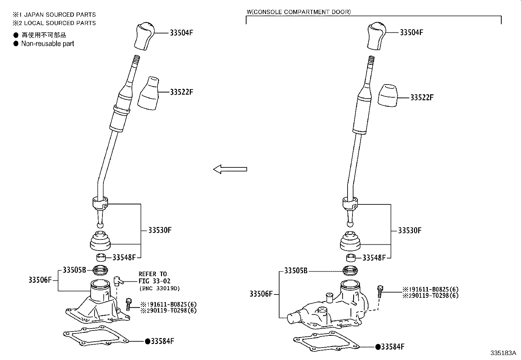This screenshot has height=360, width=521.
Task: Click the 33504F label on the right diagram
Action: point(411,32)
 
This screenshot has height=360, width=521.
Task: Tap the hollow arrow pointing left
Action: point(230,169)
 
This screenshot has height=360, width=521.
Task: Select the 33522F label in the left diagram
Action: point(181,92)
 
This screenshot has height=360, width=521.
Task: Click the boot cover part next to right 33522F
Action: point(387,95)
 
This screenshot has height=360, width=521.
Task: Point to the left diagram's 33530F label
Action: point(160,230)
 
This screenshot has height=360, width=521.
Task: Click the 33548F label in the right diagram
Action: point(374,258)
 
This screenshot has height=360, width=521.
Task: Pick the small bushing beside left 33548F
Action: point(101,257)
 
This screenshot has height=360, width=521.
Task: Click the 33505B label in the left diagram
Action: point(74,270)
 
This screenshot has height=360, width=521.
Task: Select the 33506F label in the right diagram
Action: point(261,294)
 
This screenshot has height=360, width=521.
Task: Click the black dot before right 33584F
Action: point(378,347)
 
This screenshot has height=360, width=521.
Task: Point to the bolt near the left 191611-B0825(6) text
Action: point(129,304)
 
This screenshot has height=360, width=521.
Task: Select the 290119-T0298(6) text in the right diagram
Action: point(430,295)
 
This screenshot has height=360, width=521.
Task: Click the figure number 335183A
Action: point(503,353)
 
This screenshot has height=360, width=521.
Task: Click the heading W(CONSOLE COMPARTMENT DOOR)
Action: point(298,12)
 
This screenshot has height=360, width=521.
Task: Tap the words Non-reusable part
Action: point(47,44)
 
